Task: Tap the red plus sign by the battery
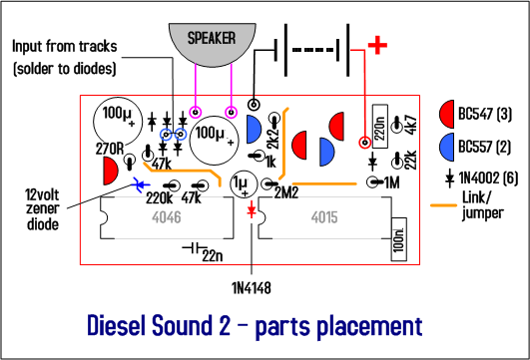coord(377,44)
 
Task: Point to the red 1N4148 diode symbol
coord(251,210)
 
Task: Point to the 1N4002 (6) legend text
coord(486,177)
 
